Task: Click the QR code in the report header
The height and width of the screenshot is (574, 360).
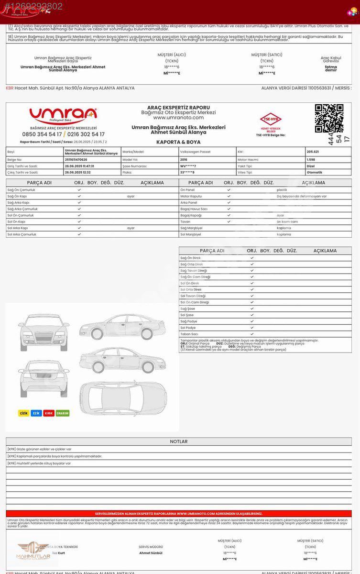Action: (x=329, y=118)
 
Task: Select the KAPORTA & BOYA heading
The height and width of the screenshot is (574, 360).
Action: (x=178, y=142)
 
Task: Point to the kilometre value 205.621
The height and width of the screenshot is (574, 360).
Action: (x=313, y=152)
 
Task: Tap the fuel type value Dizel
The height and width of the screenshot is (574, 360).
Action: (x=311, y=166)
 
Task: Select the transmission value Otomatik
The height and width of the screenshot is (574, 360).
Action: (x=314, y=172)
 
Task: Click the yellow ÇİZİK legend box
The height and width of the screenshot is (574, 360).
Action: (x=23, y=413)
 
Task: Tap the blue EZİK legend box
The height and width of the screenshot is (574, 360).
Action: (x=36, y=413)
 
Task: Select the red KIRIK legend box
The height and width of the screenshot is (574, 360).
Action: (x=49, y=413)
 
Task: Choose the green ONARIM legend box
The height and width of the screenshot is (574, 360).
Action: (x=63, y=413)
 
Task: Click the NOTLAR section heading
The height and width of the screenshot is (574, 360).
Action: (x=178, y=442)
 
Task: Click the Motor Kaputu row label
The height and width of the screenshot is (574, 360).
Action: (x=191, y=196)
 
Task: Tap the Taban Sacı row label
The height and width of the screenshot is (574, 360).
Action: (x=189, y=334)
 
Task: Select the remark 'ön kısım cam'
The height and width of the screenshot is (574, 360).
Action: (x=287, y=221)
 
